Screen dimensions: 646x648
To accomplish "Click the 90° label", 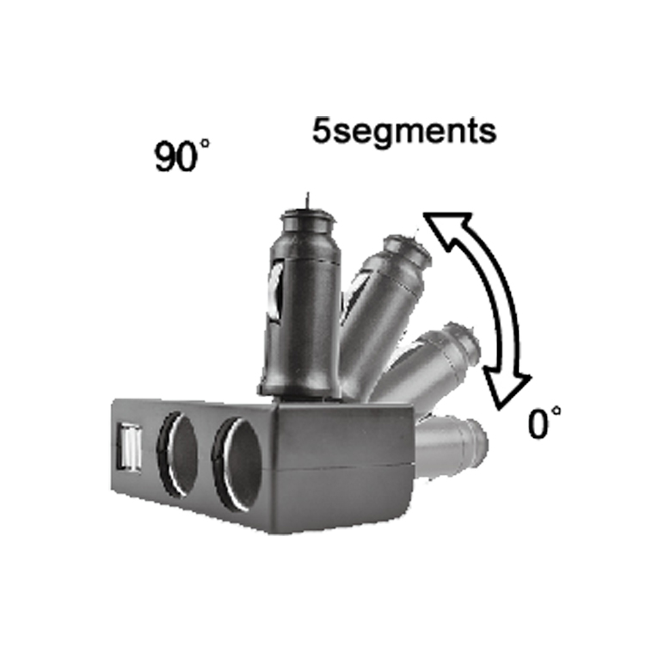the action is pos(181,156).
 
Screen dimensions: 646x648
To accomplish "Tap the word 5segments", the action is pos(404,131).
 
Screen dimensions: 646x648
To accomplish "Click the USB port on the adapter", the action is pos(129,449).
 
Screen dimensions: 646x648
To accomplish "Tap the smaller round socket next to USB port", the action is pos(176,454).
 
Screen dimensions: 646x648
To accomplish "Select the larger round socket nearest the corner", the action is pos(237,464).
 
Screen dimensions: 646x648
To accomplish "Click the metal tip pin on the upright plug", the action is pos(307,201).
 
